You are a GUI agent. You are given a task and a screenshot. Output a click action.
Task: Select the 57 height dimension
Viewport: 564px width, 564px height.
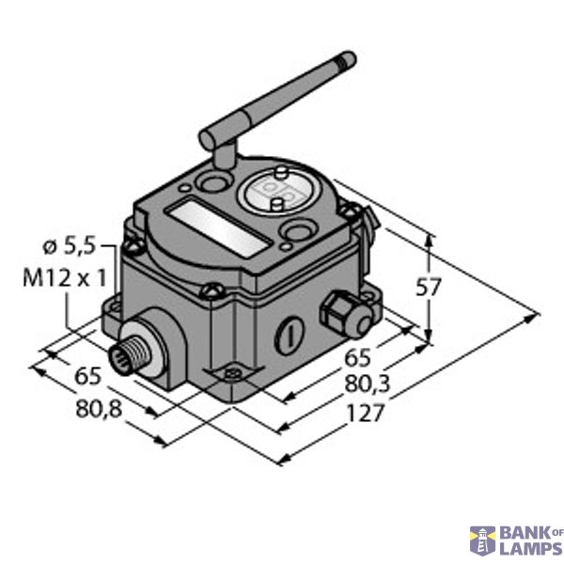click(429, 290)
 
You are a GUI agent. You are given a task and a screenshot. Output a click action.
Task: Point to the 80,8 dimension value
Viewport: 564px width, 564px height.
click(95, 410)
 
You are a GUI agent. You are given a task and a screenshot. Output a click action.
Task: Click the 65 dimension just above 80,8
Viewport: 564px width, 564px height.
click(86, 378)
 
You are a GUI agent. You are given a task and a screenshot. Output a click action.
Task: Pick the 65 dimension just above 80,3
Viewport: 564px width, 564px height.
click(358, 358)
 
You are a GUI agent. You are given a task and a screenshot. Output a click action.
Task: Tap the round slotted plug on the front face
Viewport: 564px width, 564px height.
click(290, 335)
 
